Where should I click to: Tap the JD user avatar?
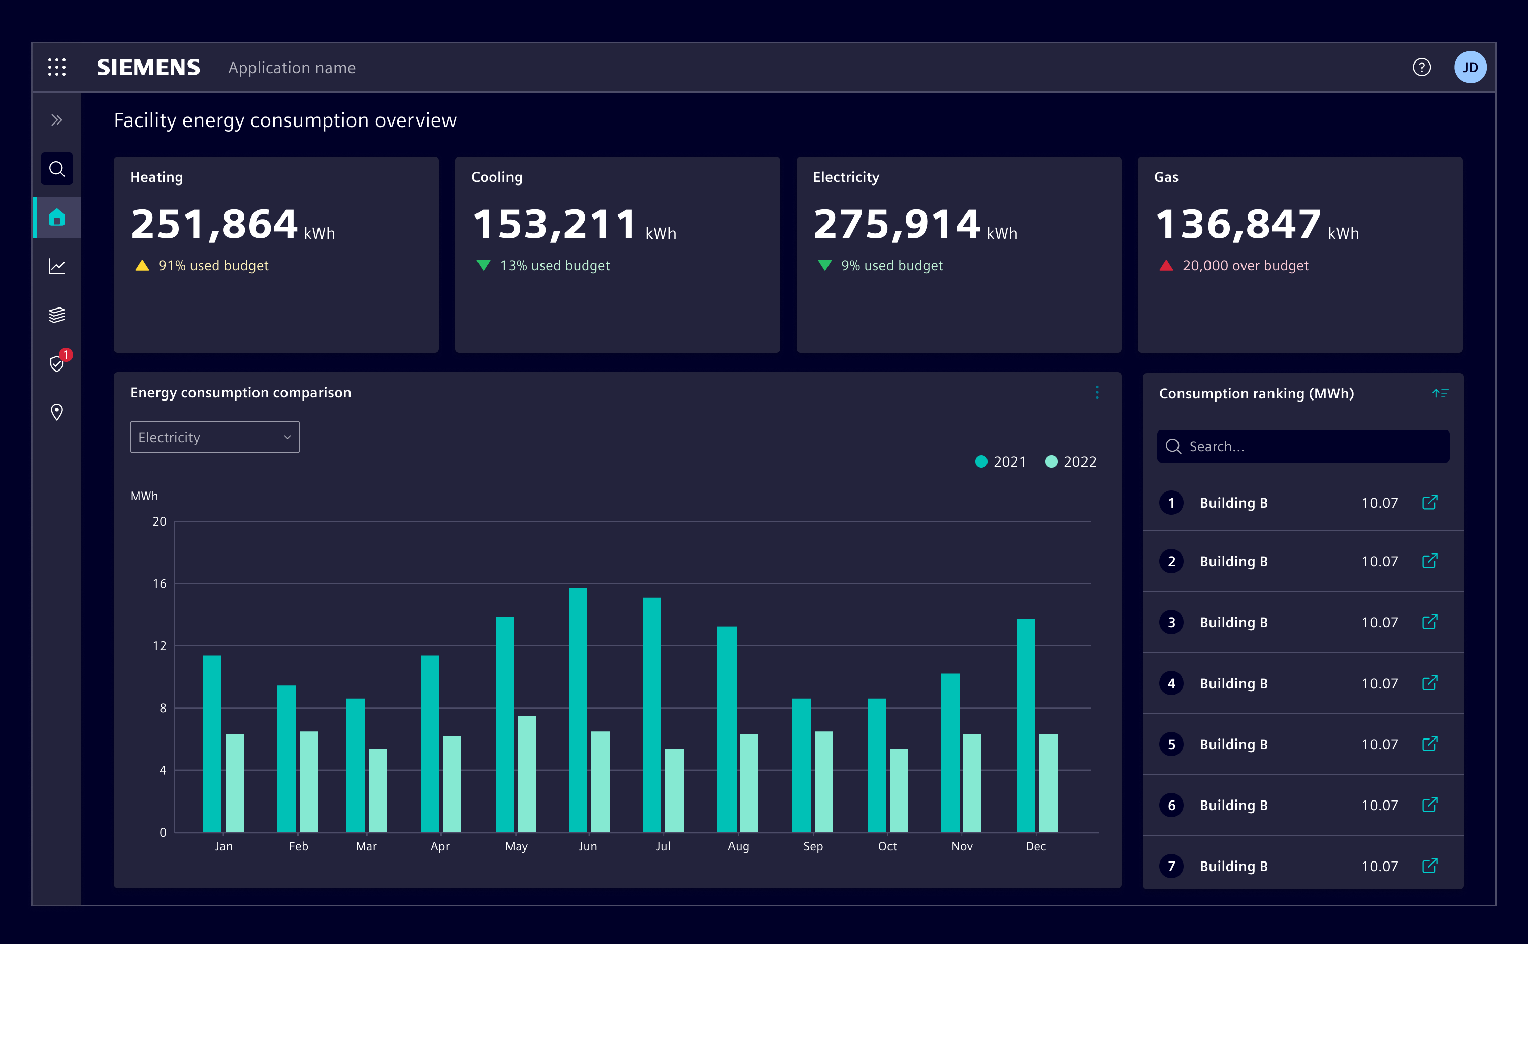[1470, 67]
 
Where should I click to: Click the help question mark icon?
[1421, 67]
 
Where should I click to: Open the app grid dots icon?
[57, 67]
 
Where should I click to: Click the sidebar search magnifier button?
[57, 169]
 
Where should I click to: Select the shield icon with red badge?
[58, 362]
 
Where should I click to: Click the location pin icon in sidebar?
[57, 412]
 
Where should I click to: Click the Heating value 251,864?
[214, 224]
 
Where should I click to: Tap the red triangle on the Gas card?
[1166, 266]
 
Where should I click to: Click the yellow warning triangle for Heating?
[142, 266]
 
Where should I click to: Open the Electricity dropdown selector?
[214, 437]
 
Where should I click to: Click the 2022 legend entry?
[1071, 461]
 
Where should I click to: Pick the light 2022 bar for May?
[527, 774]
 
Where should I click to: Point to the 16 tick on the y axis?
[160, 583]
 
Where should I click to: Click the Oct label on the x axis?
[887, 846]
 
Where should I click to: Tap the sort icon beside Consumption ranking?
[1440, 393]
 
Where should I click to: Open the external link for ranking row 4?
[1429, 683]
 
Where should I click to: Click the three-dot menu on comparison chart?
[1097, 392]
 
